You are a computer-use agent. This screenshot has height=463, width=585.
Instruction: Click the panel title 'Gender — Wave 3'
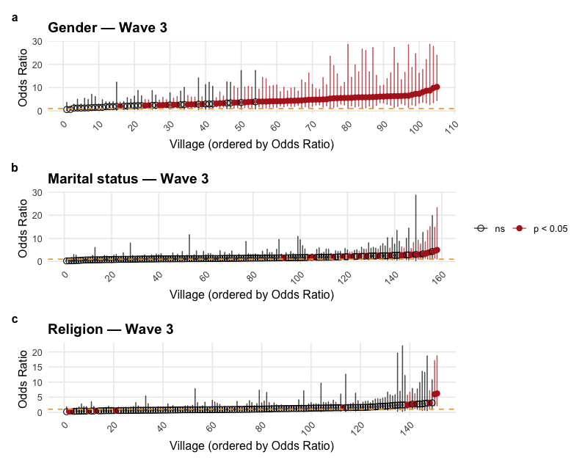coord(107,28)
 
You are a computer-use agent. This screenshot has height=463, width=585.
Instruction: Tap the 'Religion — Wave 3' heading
coord(110,330)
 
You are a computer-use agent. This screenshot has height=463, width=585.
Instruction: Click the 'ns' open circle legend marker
coord(481,229)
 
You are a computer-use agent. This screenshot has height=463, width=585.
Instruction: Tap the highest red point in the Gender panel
coord(437,87)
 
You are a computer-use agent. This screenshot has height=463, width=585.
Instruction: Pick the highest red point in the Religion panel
coord(437,393)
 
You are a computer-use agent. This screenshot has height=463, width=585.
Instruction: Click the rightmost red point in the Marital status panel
coord(437,250)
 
